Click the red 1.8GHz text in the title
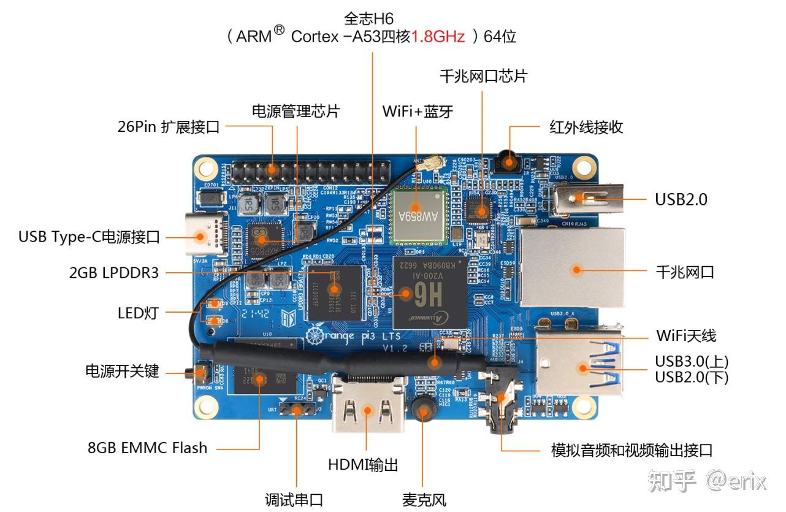pos(438,37)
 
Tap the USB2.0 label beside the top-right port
pos(681,199)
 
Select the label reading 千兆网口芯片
pos(483,76)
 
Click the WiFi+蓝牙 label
pos(417,112)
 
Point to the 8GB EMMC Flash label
pos(147,448)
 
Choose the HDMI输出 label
pos(363,465)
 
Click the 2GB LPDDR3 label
pos(114,272)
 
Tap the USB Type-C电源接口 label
pos(89,237)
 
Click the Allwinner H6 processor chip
pos(430,291)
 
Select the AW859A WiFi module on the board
pos(417,215)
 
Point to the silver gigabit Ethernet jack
pos(573,269)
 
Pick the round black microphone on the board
pos(422,409)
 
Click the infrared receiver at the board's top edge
pos(508,161)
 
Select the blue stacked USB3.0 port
pos(579,366)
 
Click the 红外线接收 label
pos(586,128)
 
